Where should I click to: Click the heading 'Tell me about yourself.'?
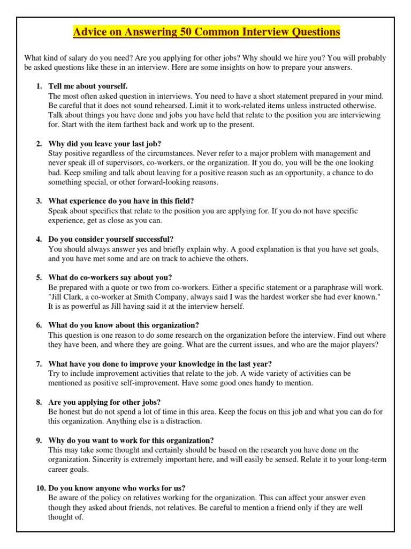(88, 86)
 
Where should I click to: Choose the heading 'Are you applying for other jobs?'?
(104, 402)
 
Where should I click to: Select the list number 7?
(39, 363)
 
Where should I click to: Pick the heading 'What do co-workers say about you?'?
(110, 277)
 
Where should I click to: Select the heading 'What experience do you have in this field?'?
(121, 201)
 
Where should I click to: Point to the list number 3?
(39, 201)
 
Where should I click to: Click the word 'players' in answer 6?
(360, 344)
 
